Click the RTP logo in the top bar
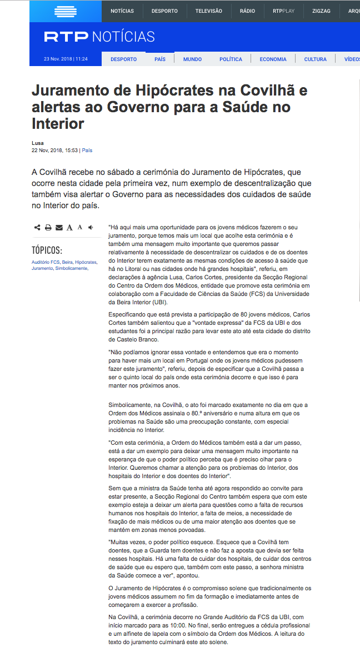[66, 11]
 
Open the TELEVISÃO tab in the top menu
[208, 11]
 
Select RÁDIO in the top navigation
[247, 11]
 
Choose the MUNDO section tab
[192, 59]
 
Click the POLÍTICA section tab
[231, 59]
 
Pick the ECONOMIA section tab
[273, 59]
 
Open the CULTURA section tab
[315, 59]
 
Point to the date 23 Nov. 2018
[58, 59]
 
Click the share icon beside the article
[37, 227]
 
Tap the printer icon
[48, 227]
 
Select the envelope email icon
[59, 227]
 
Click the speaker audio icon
[91, 227]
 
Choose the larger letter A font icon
[69, 227]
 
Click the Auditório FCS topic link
[46, 262]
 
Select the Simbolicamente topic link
[72, 268]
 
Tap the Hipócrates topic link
[86, 262]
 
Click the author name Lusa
[37, 143]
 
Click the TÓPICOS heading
[47, 250]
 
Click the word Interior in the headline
[58, 123]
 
